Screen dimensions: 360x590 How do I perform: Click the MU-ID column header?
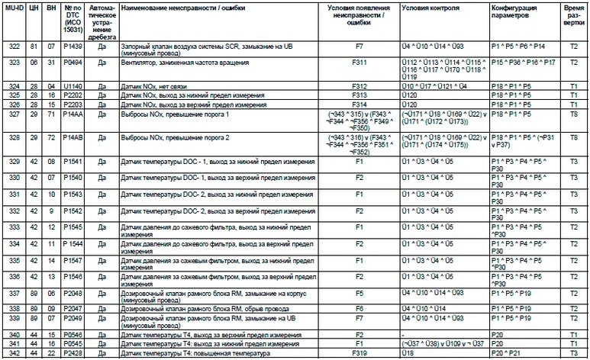14,8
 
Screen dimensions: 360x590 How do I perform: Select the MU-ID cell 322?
14,47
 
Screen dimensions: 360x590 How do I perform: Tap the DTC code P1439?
73,47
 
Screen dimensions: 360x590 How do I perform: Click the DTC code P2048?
73,292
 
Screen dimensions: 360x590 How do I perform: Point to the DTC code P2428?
73,354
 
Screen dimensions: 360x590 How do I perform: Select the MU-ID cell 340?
14,334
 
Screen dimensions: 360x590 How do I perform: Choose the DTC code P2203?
73,104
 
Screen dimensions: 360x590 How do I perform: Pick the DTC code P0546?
73,334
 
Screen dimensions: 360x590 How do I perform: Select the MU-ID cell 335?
14,262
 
